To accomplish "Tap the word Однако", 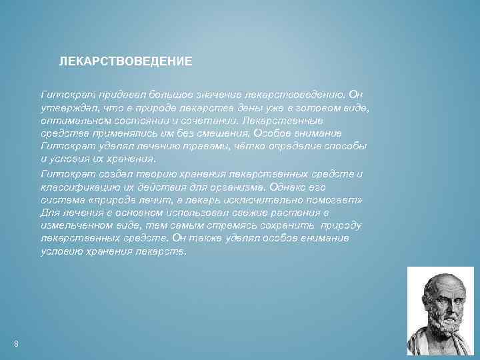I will [x=297, y=187].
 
